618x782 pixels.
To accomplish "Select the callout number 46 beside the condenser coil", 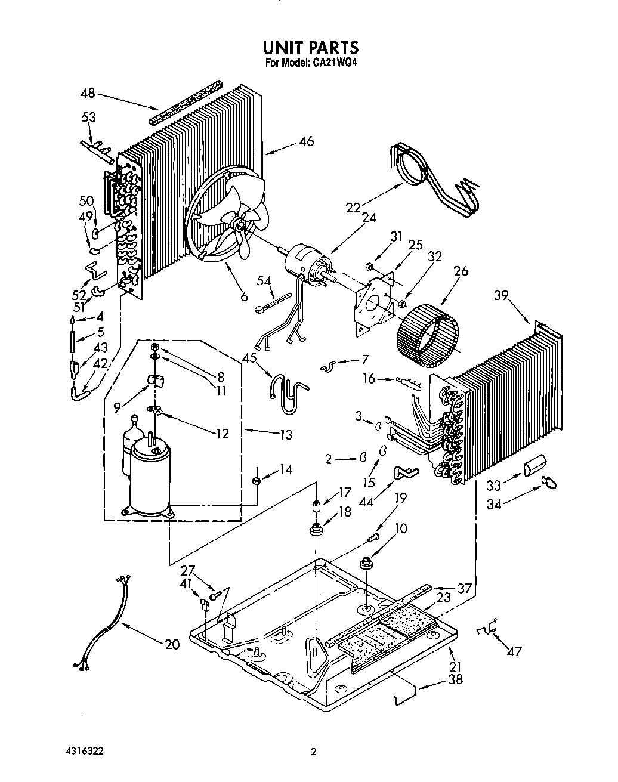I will pos(306,141).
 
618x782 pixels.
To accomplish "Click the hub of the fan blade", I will pos(239,225).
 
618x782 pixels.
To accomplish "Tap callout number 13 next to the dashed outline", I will pos(286,435).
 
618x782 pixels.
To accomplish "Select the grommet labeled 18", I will pos(317,528).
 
